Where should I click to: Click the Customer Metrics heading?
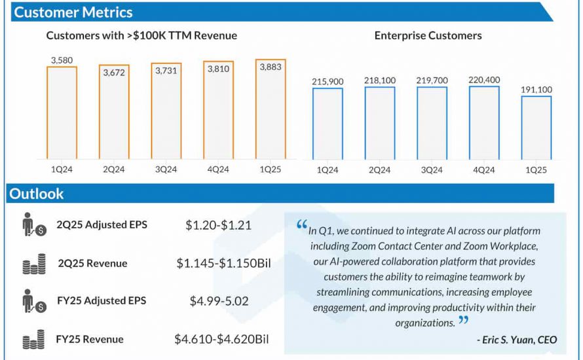pyautogui.click(x=73, y=12)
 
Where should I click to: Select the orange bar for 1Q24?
pyautogui.click(x=62, y=113)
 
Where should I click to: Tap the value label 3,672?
pyautogui.click(x=114, y=73)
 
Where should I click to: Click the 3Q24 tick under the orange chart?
pyautogui.click(x=166, y=170)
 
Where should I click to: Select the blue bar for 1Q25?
pyautogui.click(x=536, y=128)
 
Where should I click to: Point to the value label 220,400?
pyautogui.click(x=483, y=81)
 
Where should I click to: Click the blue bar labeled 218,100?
pyautogui.click(x=379, y=123)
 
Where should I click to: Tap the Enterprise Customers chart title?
pyautogui.click(x=428, y=35)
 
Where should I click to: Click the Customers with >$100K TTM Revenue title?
pyautogui.click(x=141, y=35)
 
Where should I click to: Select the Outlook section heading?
pyautogui.click(x=37, y=194)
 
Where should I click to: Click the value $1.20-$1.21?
pyautogui.click(x=218, y=225)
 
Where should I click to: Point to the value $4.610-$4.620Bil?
pyautogui.click(x=221, y=339)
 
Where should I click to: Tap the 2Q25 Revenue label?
pyautogui.click(x=92, y=263)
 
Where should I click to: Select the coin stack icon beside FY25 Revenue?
pyautogui.click(x=33, y=339)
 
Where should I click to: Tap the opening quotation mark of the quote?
pyautogui.click(x=301, y=225)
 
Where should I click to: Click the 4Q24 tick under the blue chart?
pyautogui.click(x=483, y=170)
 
